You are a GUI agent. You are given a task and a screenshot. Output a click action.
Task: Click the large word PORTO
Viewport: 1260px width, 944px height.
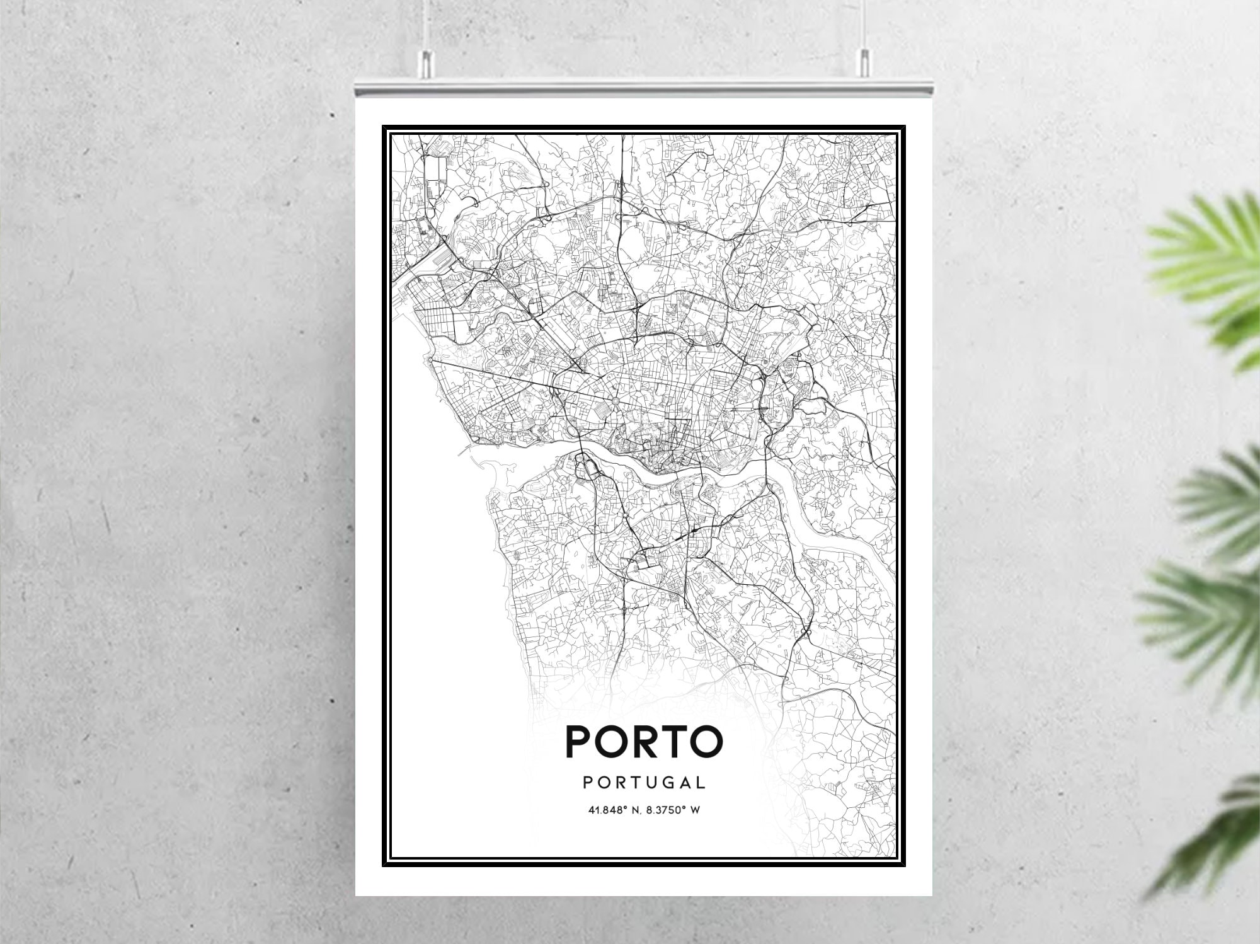pos(644,741)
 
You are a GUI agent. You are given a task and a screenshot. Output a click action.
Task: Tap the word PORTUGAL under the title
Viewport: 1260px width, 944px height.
pos(644,783)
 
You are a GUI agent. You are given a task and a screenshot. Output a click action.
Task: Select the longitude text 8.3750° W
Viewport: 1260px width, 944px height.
pos(676,810)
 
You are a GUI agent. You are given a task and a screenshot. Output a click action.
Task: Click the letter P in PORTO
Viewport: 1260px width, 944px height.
pos(579,741)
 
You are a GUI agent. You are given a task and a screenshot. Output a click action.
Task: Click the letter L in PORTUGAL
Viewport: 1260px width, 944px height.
pos(700,783)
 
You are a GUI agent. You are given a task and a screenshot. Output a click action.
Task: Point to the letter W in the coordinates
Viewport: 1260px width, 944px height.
pos(695,810)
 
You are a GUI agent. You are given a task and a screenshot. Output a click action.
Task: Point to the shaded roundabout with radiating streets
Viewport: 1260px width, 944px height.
pos(614,400)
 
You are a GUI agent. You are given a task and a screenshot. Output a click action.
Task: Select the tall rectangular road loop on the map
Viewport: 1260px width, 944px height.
pos(435,176)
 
